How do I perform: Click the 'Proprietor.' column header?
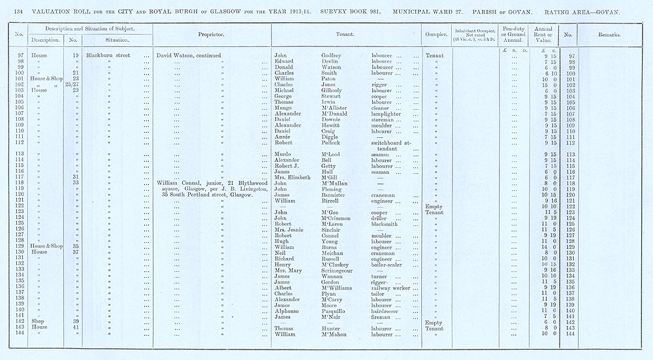(212, 35)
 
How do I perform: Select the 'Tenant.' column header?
(345, 35)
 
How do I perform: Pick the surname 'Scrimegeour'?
(341, 270)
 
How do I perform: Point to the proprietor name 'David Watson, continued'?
(189, 56)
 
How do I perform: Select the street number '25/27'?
(76, 84)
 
